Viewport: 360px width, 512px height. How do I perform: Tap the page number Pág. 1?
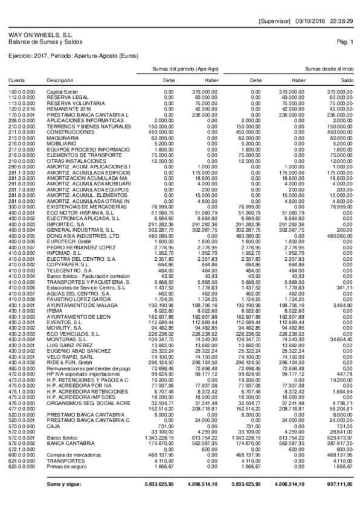pyautogui.click(x=346, y=42)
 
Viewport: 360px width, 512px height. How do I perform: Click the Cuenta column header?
pyautogui.click(x=16, y=80)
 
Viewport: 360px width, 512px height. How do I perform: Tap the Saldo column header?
pyautogui.click(x=347, y=80)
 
